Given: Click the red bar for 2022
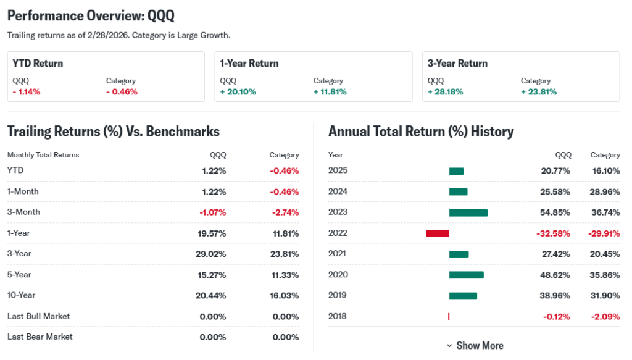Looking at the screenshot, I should [437, 233].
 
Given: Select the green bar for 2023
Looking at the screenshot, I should [468, 212].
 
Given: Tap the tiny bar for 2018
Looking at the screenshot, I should [449, 317].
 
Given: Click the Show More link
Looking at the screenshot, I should [475, 346].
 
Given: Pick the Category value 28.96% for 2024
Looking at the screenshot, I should [605, 191].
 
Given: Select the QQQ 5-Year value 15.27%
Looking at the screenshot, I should [212, 275].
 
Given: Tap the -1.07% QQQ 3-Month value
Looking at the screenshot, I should [212, 212].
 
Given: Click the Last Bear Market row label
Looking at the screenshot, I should [39, 337].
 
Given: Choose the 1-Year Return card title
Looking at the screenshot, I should [249, 64].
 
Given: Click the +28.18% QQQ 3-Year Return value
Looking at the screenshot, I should [445, 92].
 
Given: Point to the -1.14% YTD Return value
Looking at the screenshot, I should [27, 92].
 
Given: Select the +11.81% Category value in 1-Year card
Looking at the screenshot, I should [330, 92].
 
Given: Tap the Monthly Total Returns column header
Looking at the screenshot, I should [43, 155].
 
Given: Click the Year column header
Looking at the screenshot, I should [336, 155].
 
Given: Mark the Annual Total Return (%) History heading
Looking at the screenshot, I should [421, 132].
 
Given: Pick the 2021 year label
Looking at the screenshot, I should [338, 254].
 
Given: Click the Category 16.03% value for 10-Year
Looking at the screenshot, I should [284, 296].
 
